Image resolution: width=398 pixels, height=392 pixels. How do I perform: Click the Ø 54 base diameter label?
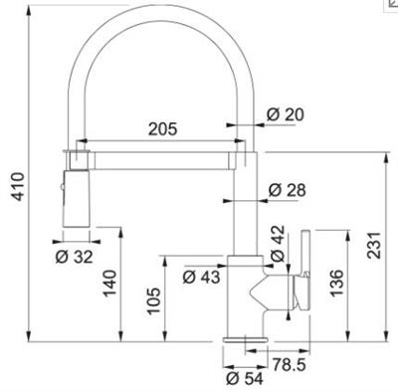pos(244,378)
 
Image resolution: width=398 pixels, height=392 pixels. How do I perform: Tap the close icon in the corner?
pos(389,5)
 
